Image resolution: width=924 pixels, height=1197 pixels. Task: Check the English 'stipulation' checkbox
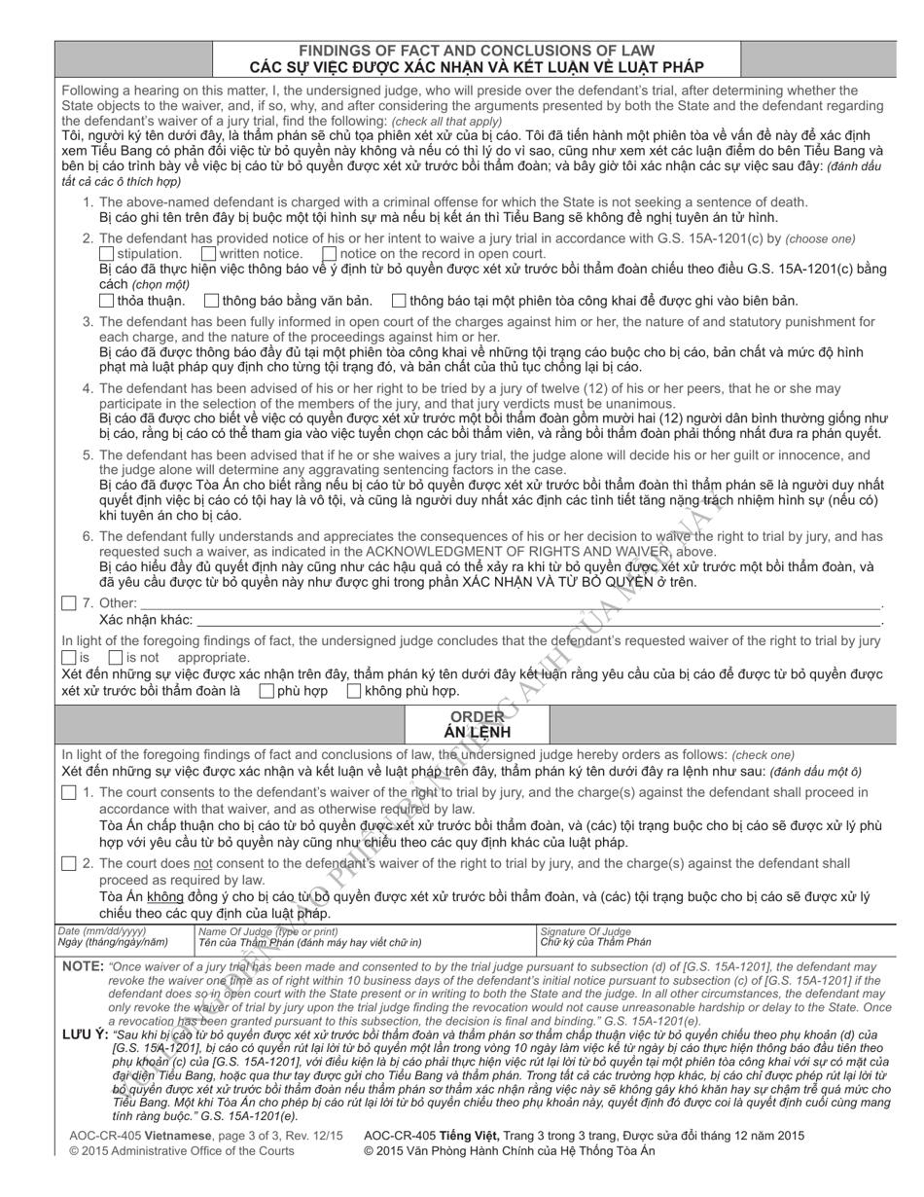point(107,254)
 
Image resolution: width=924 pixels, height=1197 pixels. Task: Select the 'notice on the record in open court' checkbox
point(330,254)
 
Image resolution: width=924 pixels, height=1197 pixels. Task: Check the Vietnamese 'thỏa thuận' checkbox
point(107,301)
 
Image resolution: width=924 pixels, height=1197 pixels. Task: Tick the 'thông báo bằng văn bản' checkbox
point(212,301)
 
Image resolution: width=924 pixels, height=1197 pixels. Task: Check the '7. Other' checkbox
point(68,603)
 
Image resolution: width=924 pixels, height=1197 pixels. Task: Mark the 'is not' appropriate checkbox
point(115,657)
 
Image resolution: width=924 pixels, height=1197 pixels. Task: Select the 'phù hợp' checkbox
point(267,691)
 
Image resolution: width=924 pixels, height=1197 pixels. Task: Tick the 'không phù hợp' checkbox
point(354,691)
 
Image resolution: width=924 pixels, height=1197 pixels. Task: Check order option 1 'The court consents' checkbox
point(68,793)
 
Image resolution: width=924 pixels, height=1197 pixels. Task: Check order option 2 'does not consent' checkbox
point(68,863)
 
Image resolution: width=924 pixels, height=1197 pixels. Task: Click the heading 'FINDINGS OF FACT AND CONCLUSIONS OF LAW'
point(476,51)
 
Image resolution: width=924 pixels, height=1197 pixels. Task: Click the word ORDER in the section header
point(477,716)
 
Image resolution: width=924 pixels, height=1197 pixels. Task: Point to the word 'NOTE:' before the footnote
point(83,966)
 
